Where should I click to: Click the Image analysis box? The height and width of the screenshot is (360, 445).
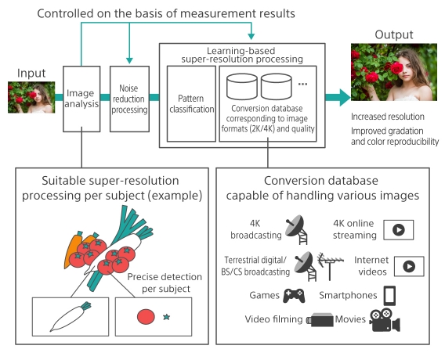81,98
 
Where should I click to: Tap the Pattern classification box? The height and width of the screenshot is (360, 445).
191,103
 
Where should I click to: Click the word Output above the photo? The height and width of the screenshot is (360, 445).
393,36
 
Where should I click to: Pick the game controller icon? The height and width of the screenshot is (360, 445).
294,295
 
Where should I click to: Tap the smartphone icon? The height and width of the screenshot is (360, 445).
389,296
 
